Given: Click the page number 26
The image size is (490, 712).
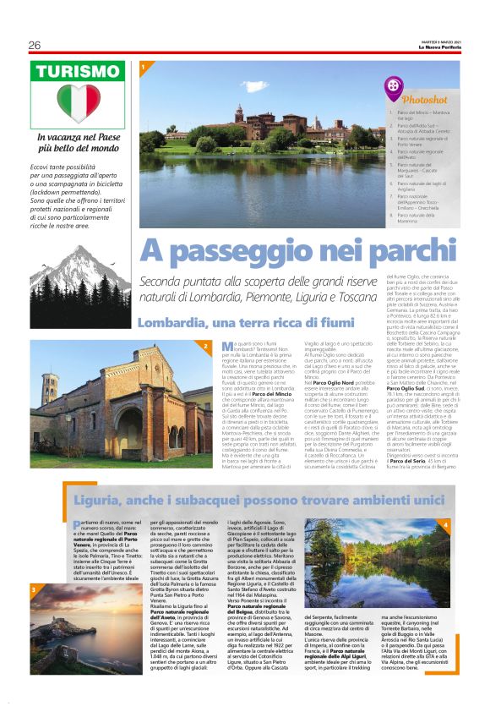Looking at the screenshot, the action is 34,45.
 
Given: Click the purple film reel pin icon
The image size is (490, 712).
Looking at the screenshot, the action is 394,85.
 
